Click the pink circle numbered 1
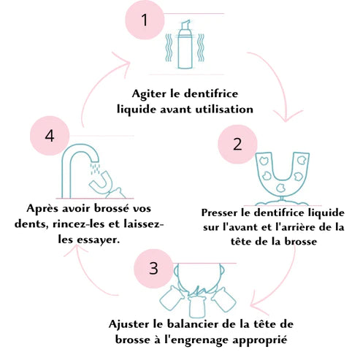[145, 20]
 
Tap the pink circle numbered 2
[237, 144]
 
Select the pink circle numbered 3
[153, 268]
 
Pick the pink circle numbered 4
[50, 136]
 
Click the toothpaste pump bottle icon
[185, 45]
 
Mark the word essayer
[99, 240]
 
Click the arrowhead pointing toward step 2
[288, 116]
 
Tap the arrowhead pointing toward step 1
[122, 62]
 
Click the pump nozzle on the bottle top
[185, 24]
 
